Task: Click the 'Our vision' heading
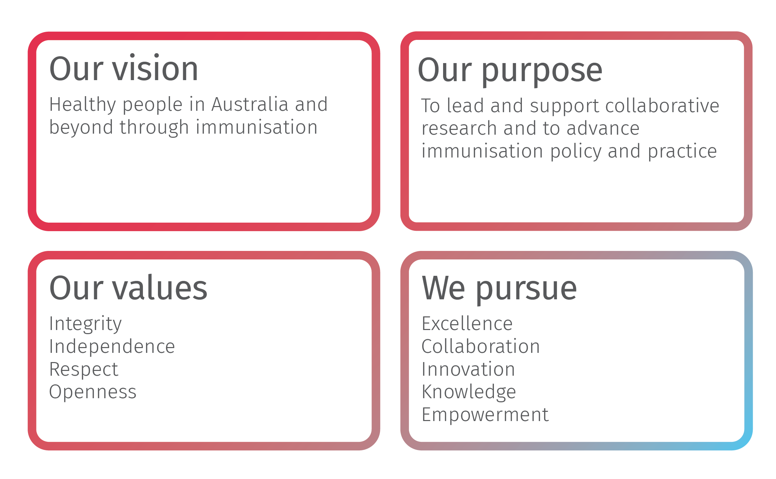123,69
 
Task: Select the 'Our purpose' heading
510,70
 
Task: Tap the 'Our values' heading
128,288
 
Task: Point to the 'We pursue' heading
499,288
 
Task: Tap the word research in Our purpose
459,129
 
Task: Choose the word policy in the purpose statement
576,151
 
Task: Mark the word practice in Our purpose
682,151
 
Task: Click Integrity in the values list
85,324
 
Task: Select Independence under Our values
112,346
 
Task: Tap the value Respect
84,369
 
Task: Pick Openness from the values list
93,392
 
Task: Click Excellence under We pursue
467,324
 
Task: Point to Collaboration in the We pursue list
481,346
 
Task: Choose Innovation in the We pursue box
468,369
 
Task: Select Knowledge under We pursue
469,392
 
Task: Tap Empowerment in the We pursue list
485,415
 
